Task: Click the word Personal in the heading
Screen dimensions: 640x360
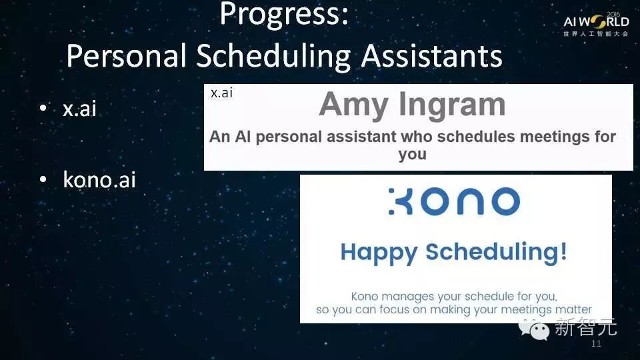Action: tap(127, 56)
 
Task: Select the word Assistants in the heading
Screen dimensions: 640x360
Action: tap(432, 55)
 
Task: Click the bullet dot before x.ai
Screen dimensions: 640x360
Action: tap(43, 108)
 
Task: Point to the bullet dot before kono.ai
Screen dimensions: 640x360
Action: tap(43, 179)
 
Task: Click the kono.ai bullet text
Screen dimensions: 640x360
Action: tap(99, 179)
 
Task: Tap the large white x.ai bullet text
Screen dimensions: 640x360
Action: tap(79, 109)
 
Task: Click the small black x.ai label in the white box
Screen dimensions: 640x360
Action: tap(221, 93)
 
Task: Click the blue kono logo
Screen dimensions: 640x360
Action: tap(454, 201)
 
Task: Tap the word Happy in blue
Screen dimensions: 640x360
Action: tap(379, 253)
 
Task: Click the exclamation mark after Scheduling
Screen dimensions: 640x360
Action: tap(563, 251)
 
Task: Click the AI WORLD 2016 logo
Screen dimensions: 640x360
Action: tap(596, 25)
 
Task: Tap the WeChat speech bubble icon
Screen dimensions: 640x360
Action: tap(534, 329)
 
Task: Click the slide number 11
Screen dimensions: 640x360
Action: tap(596, 344)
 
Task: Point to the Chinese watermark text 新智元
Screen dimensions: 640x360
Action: tap(585, 327)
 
